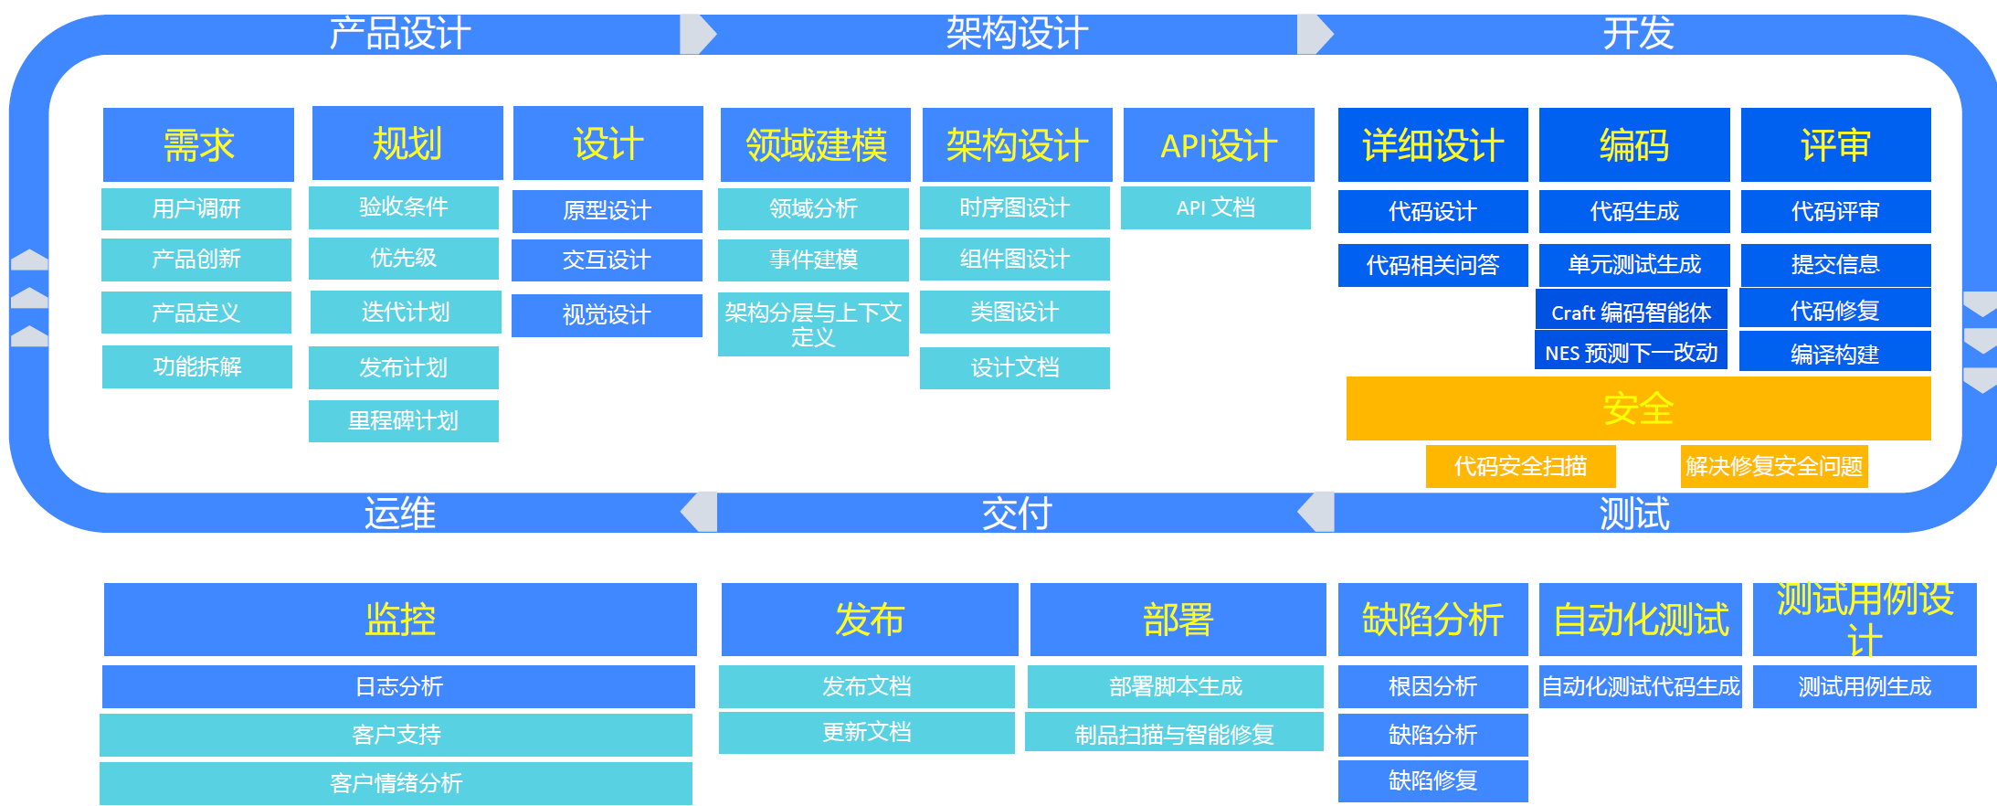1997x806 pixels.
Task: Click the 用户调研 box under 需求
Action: [196, 209]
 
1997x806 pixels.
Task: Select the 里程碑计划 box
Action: [404, 421]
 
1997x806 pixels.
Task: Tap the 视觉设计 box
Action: [607, 315]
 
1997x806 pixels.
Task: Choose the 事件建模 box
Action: [813, 260]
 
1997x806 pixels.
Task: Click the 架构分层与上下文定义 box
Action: [813, 324]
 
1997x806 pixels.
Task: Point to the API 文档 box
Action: [1216, 207]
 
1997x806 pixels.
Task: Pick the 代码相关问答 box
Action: [1433, 265]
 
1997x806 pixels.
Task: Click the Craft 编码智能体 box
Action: [1632, 313]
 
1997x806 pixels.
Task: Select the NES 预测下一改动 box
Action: [1632, 353]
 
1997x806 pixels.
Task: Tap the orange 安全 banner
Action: [1639, 408]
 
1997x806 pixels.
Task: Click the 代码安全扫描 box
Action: [1521, 467]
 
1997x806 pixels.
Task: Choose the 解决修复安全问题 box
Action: [1774, 467]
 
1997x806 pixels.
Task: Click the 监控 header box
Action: [400, 620]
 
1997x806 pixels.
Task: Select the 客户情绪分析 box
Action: [396, 783]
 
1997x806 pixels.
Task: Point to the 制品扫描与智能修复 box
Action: [1174, 735]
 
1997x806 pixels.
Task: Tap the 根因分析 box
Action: [1433, 686]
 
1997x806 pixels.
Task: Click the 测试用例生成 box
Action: [1865, 686]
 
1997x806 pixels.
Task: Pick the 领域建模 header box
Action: [816, 145]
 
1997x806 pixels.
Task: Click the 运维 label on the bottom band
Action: [400, 514]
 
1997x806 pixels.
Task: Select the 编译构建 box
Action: [1835, 353]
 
